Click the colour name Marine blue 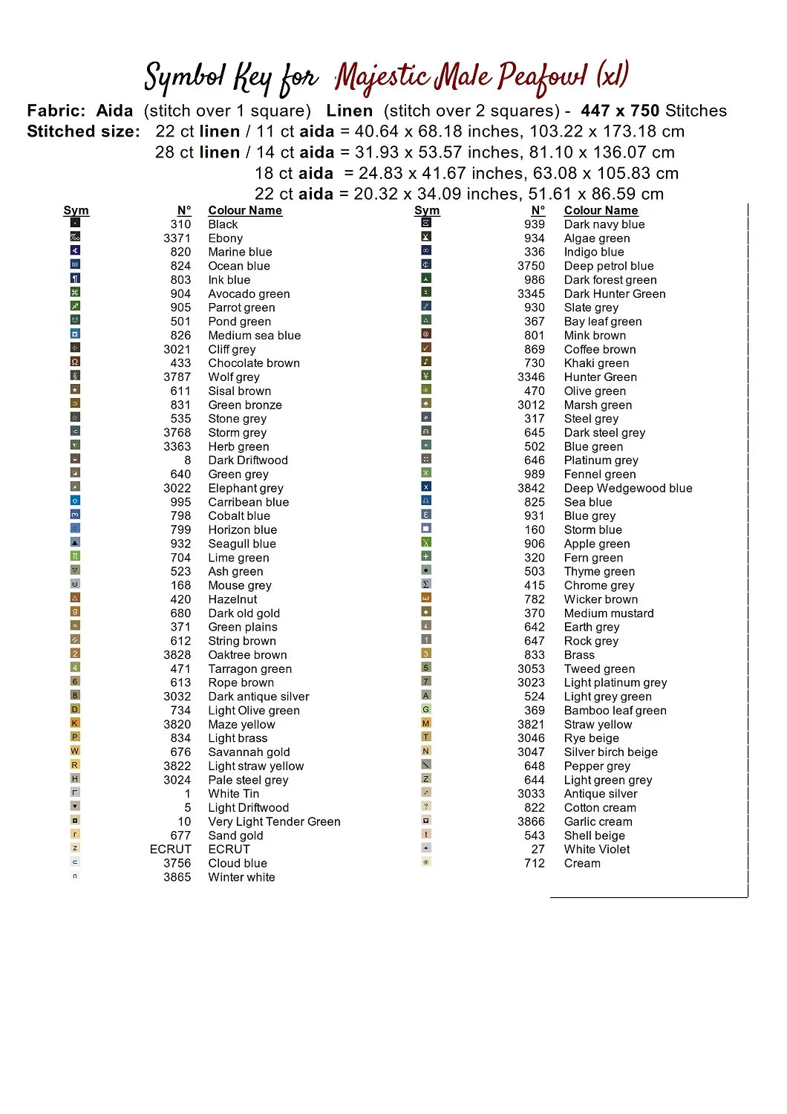[x=240, y=252]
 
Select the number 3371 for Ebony [x=177, y=238]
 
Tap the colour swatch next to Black [x=75, y=223]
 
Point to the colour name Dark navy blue [x=604, y=224]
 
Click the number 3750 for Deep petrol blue [x=531, y=266]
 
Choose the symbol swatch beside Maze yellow [x=75, y=723]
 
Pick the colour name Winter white [x=241, y=877]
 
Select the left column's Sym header [x=76, y=211]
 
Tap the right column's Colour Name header [x=601, y=211]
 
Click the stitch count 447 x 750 [x=620, y=111]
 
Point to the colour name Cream [x=582, y=863]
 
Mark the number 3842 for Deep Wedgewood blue [x=531, y=488]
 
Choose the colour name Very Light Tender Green [x=274, y=821]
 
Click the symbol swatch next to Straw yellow [x=426, y=723]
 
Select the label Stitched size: [x=83, y=131]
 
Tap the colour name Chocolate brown [x=254, y=363]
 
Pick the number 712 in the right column [x=535, y=863]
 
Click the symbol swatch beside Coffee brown [x=426, y=348]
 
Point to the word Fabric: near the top [x=56, y=111]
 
